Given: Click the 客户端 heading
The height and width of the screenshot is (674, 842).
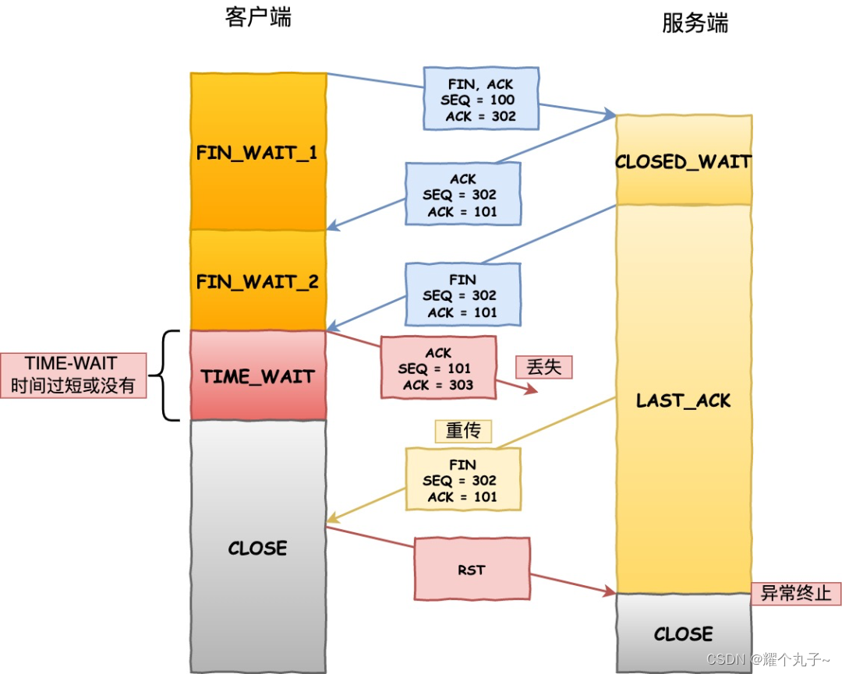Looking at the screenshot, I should (x=258, y=17).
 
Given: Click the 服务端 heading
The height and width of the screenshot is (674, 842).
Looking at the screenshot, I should (x=695, y=23).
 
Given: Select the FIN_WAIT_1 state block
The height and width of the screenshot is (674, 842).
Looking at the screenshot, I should (x=257, y=152).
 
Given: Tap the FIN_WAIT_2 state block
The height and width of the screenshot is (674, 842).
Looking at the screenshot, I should (x=257, y=281).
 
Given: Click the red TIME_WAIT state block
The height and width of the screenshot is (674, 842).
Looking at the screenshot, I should (x=257, y=376).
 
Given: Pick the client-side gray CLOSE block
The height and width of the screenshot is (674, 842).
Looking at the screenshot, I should (x=257, y=548).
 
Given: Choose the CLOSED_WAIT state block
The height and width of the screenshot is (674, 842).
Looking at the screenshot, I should (x=683, y=161).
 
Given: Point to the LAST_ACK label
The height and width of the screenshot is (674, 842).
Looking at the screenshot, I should (x=683, y=401).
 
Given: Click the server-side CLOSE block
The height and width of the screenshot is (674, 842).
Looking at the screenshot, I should (x=683, y=633).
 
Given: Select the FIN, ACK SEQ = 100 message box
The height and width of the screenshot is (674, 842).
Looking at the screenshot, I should (x=481, y=100).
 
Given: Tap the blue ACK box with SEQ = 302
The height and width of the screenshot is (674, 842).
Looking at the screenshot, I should (x=462, y=195).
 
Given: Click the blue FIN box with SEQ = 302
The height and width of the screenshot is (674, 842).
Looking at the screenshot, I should (x=462, y=295).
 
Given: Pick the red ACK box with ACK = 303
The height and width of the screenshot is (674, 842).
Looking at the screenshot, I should (x=438, y=369).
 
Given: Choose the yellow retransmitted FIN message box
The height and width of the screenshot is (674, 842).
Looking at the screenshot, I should (x=462, y=480).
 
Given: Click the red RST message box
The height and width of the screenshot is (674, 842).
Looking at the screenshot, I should (x=472, y=570).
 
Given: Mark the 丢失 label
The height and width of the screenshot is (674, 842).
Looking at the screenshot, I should (x=543, y=367).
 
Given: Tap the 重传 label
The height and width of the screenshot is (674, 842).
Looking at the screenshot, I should (x=463, y=430).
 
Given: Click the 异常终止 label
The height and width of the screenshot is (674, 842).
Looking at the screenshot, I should (x=795, y=594).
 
